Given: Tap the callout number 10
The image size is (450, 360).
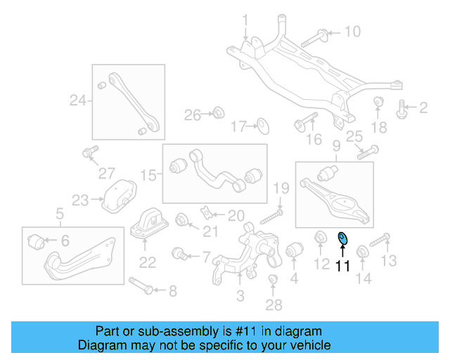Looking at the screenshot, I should pyautogui.click(x=352, y=31).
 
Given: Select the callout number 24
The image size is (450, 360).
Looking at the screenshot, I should pyautogui.click(x=77, y=101).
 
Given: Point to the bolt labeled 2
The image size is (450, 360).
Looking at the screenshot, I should pyautogui.click(x=403, y=108).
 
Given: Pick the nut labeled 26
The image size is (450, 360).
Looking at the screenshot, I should pyautogui.click(x=218, y=112).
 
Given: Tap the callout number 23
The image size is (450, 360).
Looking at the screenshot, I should pyautogui.click(x=79, y=200).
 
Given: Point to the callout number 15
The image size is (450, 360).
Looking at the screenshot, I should pyautogui.click(x=147, y=174).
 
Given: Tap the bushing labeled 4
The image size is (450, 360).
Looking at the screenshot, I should pyautogui.click(x=293, y=249).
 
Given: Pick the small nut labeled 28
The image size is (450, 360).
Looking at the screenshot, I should pyautogui.click(x=274, y=283).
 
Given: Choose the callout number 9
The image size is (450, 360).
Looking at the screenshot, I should pyautogui.click(x=336, y=146).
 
